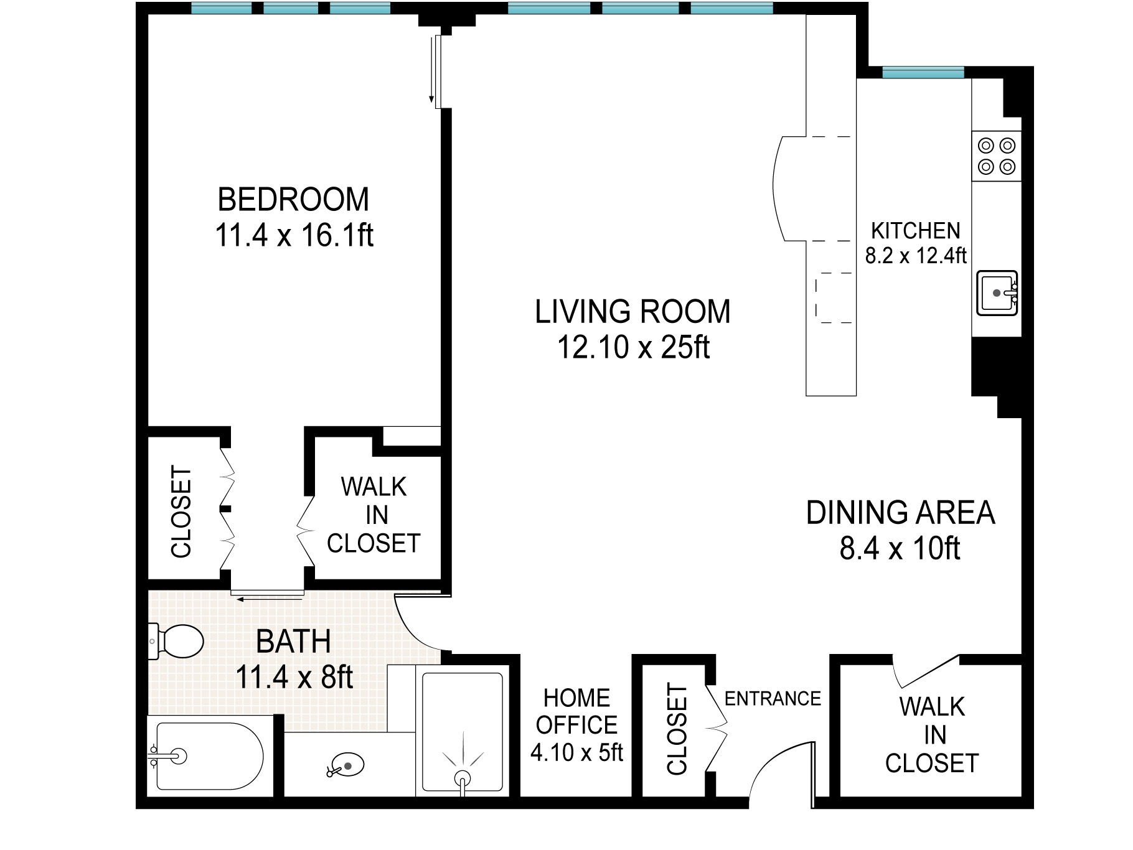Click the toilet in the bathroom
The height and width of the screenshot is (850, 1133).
point(179,641)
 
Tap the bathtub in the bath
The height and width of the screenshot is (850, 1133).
point(209,756)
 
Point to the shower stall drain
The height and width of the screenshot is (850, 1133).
point(462,778)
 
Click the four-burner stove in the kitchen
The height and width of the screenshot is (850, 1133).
point(997,156)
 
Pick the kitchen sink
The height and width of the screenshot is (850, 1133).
point(997,292)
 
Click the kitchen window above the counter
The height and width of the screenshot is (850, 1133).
point(923,73)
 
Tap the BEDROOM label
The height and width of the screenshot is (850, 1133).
point(293,200)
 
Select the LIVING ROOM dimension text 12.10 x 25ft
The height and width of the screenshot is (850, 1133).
point(632,348)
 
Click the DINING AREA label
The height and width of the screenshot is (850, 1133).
point(900,513)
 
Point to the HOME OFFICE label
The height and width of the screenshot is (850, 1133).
point(576,711)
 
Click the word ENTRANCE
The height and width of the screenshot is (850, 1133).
point(773,699)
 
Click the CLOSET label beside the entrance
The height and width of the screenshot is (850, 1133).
point(677,729)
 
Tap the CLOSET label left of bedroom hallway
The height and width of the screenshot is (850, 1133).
point(181,511)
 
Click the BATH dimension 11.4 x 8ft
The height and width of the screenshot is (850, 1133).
point(294,678)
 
